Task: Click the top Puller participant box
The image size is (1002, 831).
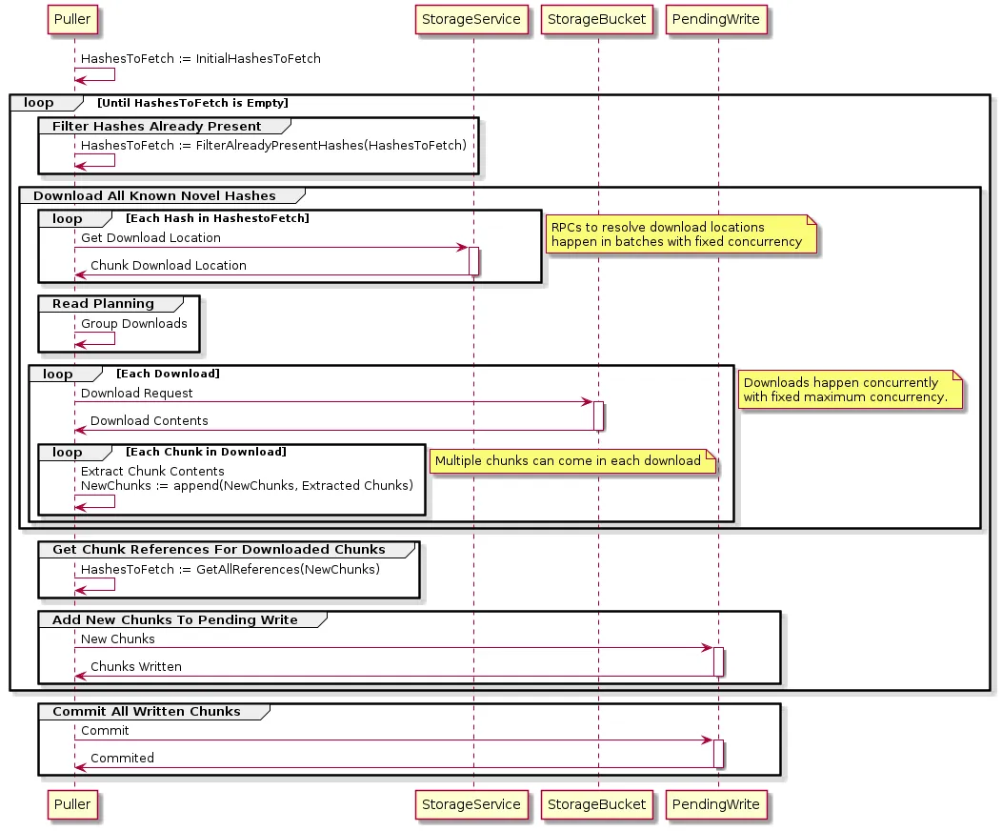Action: [x=73, y=18]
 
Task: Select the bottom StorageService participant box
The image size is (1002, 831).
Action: [x=472, y=804]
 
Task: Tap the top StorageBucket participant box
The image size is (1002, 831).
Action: [x=597, y=18]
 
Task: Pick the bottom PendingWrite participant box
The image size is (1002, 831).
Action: [x=718, y=804]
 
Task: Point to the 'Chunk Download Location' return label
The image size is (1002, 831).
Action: [x=168, y=265]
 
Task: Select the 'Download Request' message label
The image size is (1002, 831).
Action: [x=136, y=393]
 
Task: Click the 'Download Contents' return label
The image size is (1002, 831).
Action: [x=149, y=420]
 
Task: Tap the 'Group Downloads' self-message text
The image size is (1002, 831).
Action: [x=133, y=323]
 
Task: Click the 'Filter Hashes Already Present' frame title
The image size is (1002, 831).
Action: [x=156, y=126]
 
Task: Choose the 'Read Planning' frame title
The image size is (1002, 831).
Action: [x=103, y=303]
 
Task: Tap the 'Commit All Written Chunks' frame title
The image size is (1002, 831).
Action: [x=146, y=711]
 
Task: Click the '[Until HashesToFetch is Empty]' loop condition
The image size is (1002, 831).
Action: [x=192, y=103]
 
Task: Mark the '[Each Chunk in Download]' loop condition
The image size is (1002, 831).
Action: [x=206, y=452]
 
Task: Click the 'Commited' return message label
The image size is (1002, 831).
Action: [x=122, y=758]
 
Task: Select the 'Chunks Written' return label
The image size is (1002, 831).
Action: [x=135, y=666]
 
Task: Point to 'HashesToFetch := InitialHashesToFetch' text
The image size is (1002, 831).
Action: [x=200, y=58]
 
